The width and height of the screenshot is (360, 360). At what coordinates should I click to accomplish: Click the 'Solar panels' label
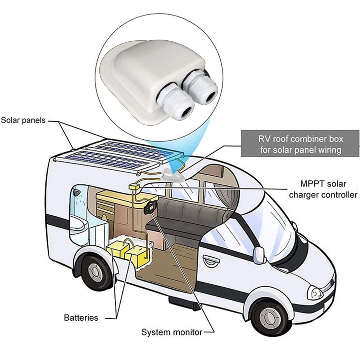(x=23, y=120)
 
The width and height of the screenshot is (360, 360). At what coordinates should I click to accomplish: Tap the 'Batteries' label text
(x=81, y=318)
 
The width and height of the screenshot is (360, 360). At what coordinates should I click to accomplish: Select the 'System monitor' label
(x=172, y=332)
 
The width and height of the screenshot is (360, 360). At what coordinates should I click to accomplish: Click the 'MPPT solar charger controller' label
(x=323, y=189)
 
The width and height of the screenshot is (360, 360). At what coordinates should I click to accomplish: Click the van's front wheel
(x=270, y=317)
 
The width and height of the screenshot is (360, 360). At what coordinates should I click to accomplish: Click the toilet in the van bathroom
(x=80, y=226)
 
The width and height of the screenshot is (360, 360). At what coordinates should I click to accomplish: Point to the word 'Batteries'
(x=81, y=318)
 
